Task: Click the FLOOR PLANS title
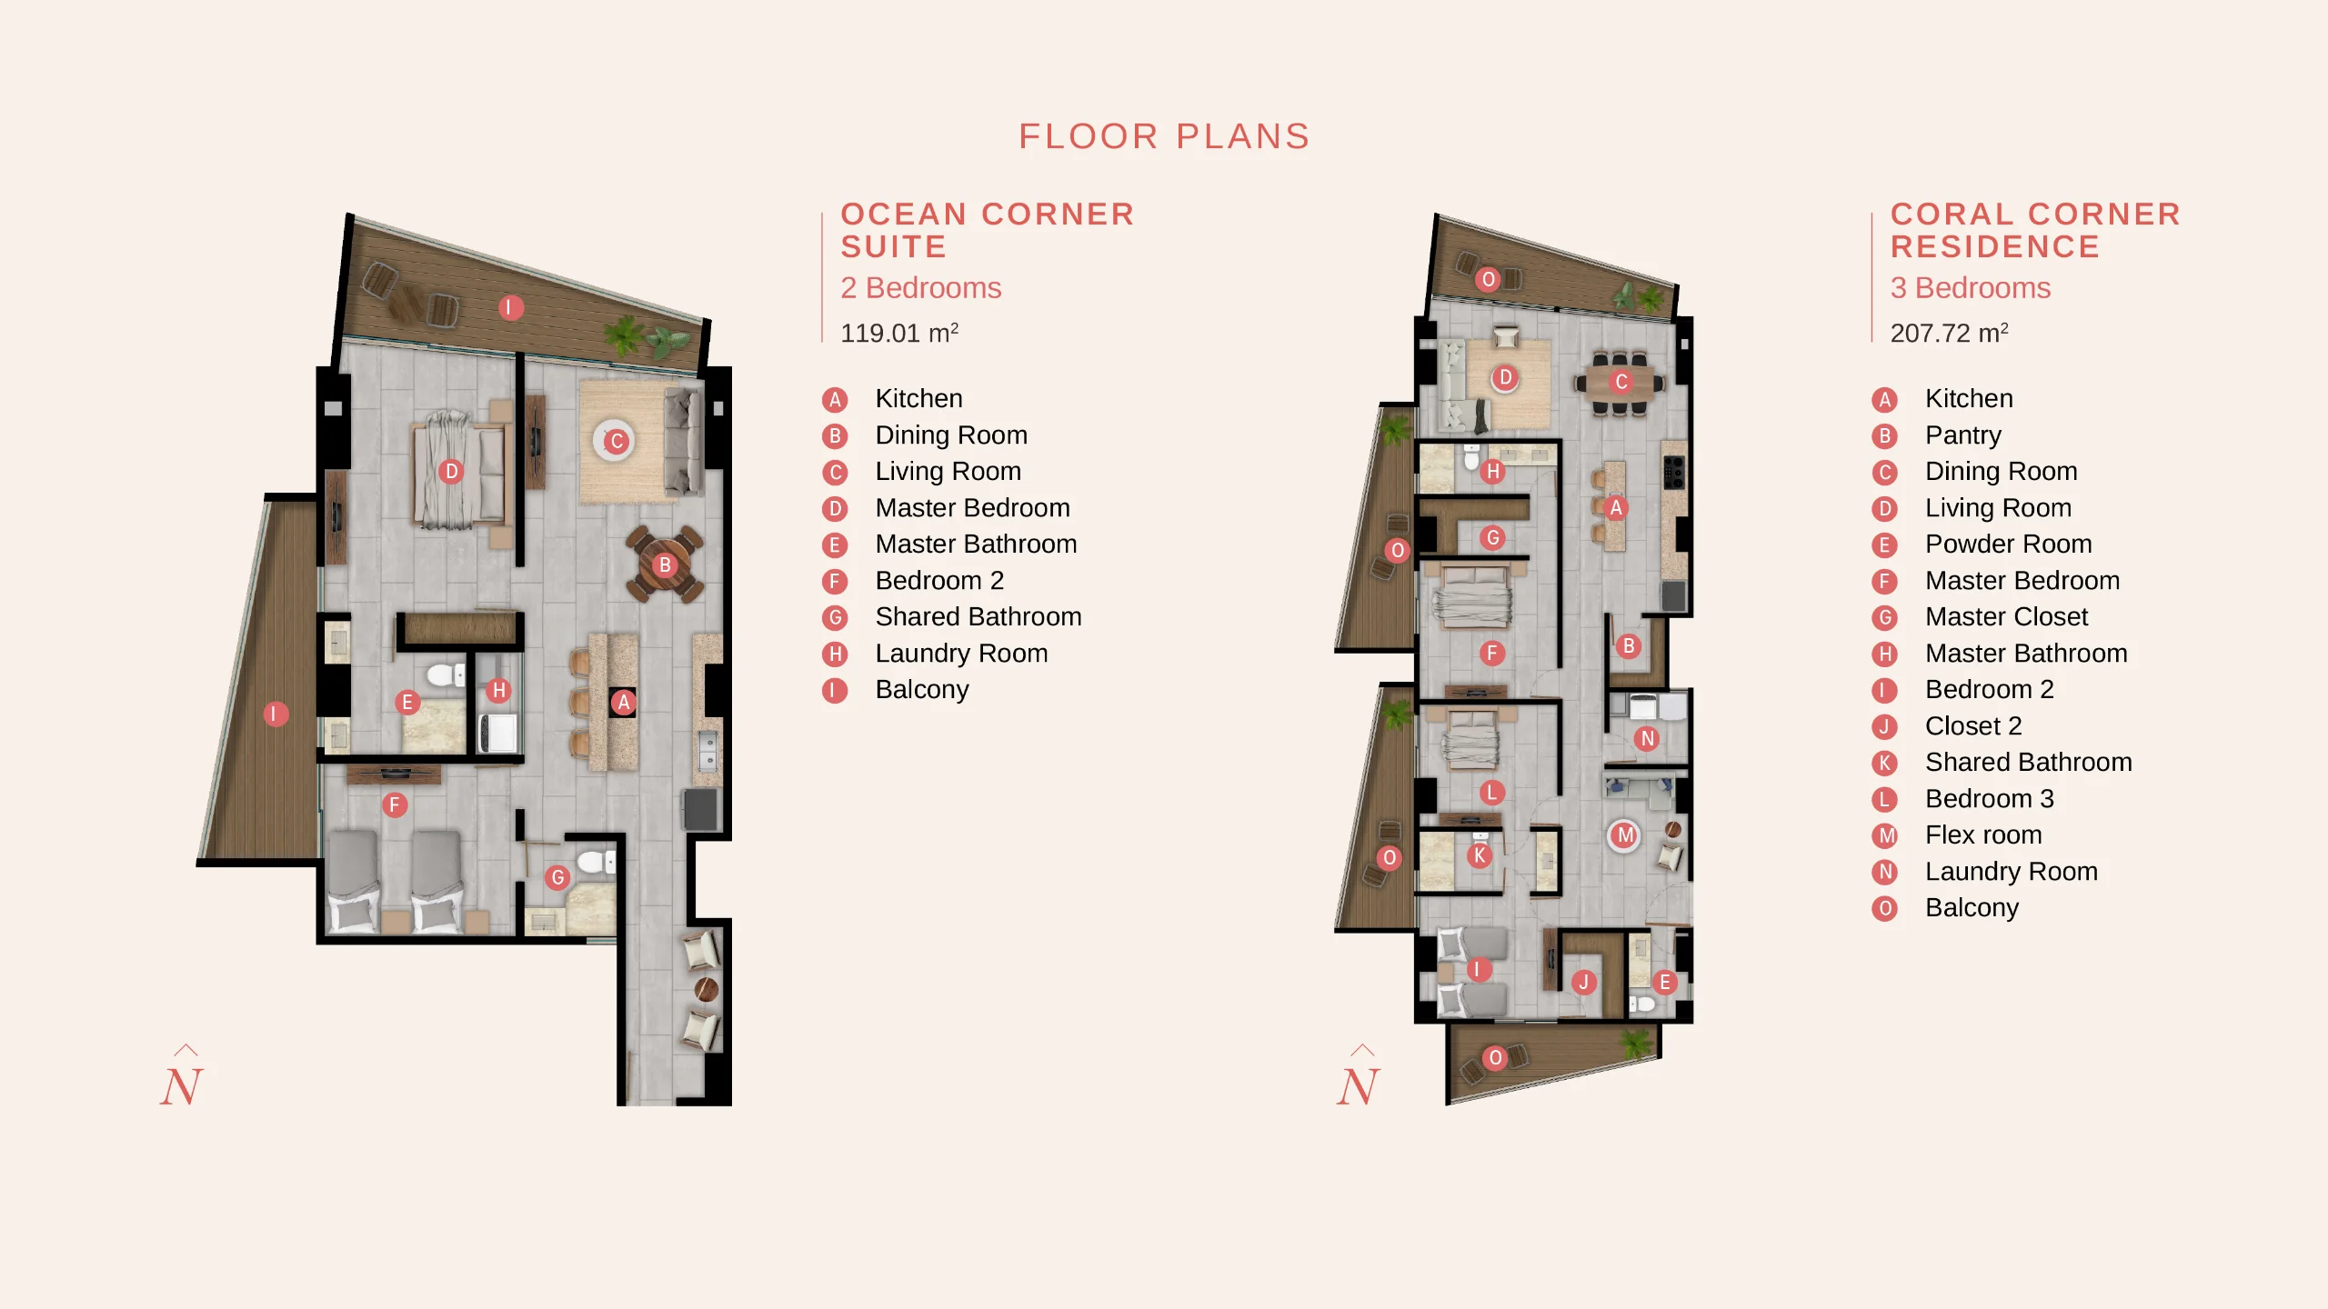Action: (1164, 136)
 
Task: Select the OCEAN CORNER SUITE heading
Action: (988, 230)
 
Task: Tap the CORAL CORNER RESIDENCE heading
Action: (2035, 230)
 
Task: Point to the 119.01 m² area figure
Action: (899, 333)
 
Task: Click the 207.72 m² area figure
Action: (1949, 333)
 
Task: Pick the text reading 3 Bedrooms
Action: (1970, 288)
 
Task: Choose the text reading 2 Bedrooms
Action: (920, 288)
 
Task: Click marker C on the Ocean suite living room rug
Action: (616, 442)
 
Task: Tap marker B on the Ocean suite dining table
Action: (665, 565)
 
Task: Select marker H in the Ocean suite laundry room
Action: (498, 690)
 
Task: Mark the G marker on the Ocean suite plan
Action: (557, 877)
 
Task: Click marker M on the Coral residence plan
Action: (1625, 834)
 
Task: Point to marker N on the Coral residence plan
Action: (1647, 739)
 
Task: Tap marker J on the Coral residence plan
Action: (1583, 982)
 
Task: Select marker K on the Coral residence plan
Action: (1480, 855)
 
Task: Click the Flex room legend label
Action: (1983, 834)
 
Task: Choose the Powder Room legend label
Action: (2008, 544)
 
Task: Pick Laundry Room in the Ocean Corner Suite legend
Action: (961, 653)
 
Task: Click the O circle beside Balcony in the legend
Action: (1884, 908)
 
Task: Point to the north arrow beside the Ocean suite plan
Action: (182, 1076)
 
